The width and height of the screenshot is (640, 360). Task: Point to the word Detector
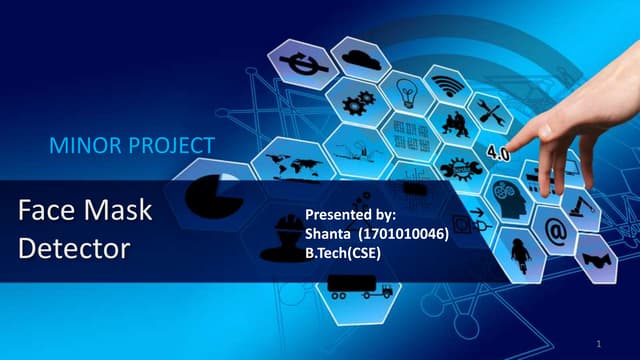74,247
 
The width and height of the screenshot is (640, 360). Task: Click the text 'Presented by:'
350,215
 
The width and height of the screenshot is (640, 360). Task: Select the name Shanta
326,233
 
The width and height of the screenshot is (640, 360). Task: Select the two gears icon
357,102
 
